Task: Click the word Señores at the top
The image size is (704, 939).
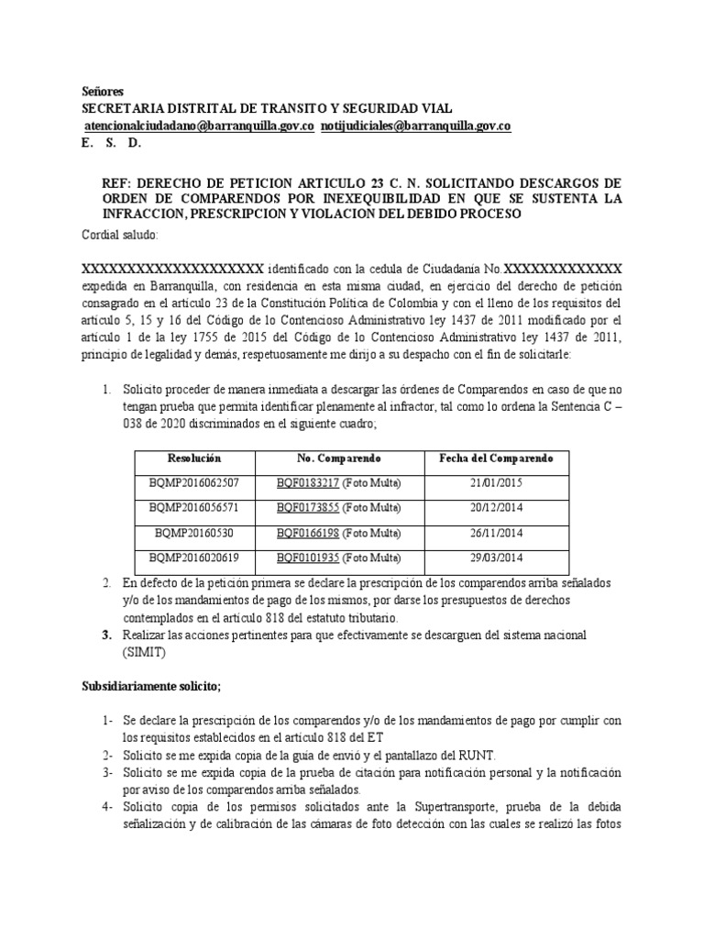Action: (x=102, y=93)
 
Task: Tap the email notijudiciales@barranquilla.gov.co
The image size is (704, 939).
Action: (x=415, y=126)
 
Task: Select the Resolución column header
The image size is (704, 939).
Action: (x=195, y=458)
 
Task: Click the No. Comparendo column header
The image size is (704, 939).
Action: (x=337, y=458)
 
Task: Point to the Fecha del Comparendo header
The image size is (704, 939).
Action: (x=497, y=458)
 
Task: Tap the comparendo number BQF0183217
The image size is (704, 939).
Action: (x=308, y=482)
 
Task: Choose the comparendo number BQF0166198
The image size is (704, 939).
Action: (x=308, y=532)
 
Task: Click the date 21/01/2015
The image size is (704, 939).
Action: (x=496, y=482)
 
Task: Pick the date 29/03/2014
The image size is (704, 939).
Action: (x=496, y=557)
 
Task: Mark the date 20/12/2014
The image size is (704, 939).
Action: (x=496, y=507)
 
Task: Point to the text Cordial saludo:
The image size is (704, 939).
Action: (x=120, y=235)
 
